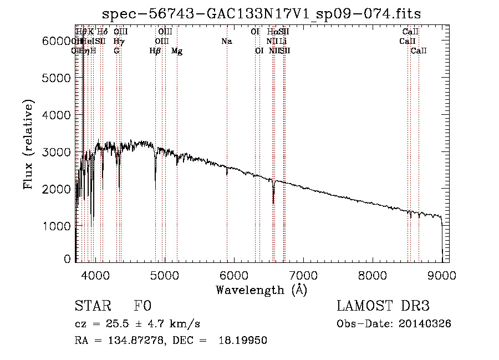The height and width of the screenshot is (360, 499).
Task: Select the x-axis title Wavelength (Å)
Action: click(x=261, y=290)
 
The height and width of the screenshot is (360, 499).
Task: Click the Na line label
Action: click(x=226, y=42)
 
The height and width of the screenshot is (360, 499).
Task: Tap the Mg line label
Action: click(x=177, y=51)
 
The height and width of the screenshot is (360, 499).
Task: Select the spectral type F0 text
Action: click(x=142, y=307)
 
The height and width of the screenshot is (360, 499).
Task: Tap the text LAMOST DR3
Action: click(x=383, y=307)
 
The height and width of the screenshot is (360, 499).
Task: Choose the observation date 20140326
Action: click(x=426, y=324)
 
